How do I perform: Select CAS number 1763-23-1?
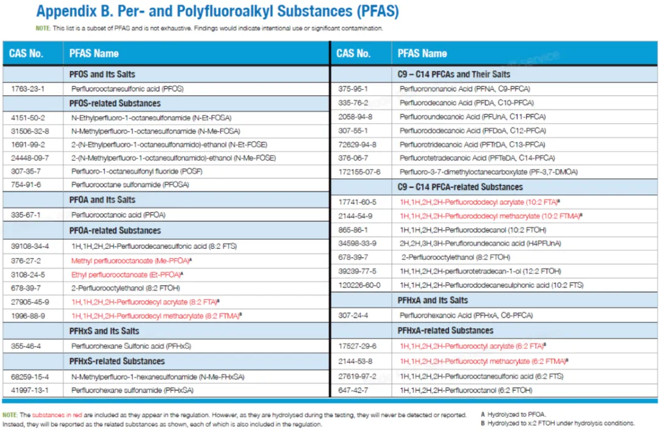click(27, 88)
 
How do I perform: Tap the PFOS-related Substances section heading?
click(115, 103)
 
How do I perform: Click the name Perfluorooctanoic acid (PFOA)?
click(118, 215)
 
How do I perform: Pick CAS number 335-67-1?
click(26, 215)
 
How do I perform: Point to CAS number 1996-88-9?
click(27, 315)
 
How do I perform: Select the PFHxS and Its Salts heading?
click(104, 331)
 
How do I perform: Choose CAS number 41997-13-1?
click(30, 390)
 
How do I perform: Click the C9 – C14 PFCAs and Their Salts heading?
click(453, 74)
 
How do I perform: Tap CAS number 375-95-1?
click(353, 88)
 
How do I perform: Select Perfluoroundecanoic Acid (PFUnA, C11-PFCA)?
click(472, 117)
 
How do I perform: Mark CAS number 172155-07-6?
click(359, 172)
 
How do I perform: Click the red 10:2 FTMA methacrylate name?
click(491, 216)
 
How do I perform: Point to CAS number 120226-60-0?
click(359, 285)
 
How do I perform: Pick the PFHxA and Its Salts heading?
click(433, 301)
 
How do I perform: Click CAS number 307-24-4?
click(353, 315)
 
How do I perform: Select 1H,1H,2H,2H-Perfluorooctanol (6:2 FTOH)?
click(466, 390)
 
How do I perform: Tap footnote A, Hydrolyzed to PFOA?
click(514, 414)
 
